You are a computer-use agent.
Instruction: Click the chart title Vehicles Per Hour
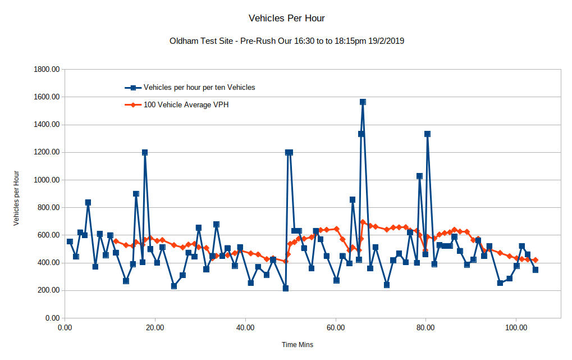click(286, 18)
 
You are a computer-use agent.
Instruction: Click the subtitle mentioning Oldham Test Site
click(286, 41)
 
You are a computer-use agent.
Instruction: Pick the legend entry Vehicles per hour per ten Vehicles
click(199, 87)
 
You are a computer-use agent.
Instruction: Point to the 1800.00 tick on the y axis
click(47, 70)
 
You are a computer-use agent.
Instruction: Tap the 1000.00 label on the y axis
click(47, 180)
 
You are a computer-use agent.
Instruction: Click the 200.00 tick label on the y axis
click(49, 290)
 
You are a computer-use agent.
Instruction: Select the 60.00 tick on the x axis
click(336, 327)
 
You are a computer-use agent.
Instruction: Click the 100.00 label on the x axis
click(515, 327)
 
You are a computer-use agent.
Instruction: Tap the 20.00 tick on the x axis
click(155, 327)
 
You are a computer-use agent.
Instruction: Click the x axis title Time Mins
click(298, 344)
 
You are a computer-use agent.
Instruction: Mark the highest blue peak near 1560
click(363, 102)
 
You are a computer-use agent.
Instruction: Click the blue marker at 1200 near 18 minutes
click(145, 152)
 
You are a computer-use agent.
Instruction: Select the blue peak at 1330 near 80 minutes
click(427, 134)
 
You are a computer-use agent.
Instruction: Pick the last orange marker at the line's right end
click(536, 260)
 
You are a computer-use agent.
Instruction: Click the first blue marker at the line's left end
click(70, 241)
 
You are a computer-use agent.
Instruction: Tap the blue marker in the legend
click(133, 88)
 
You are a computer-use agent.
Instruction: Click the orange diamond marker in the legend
click(133, 104)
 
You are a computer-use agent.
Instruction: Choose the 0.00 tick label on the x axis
click(65, 327)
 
